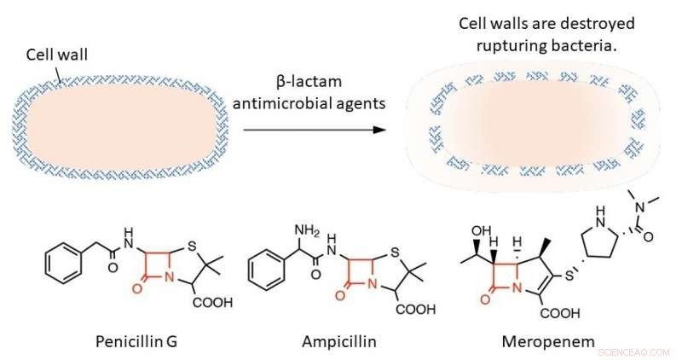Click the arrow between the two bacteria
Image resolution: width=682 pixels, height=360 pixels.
[x=311, y=130]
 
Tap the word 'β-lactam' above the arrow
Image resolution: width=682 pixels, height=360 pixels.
[x=310, y=82]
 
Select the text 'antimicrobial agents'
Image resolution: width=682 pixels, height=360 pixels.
[x=310, y=104]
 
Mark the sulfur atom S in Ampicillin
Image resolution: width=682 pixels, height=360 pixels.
[x=396, y=251]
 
